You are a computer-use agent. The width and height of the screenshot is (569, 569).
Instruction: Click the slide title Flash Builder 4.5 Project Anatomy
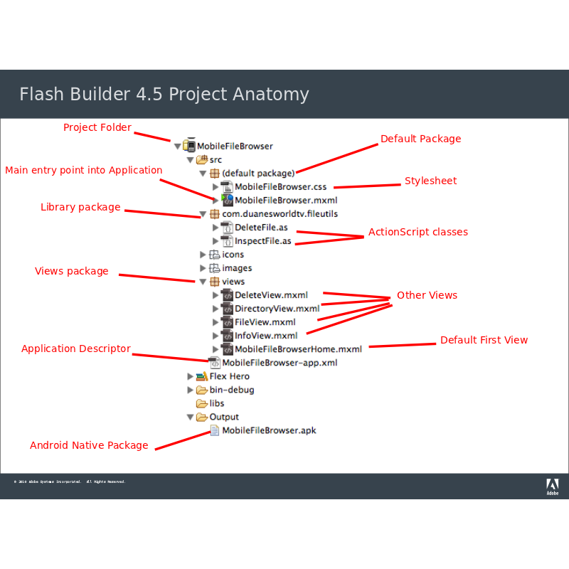point(164,95)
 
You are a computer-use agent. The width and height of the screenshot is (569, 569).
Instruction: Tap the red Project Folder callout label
point(97,127)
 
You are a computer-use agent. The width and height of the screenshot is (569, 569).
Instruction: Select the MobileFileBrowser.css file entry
point(280,187)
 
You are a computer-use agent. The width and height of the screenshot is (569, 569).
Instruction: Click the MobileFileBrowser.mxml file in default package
point(285,201)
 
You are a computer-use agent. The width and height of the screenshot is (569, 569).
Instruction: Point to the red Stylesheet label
point(430,181)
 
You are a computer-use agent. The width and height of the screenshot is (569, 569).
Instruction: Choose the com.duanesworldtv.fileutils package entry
point(280,213)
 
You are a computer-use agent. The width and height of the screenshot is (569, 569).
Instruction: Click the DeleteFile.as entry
point(261,228)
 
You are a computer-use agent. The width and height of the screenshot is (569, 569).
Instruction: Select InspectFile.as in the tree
point(262,241)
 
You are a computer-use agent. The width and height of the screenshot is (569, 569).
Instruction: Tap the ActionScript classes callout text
point(418,232)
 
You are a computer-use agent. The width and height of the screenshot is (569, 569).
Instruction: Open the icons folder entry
point(233,255)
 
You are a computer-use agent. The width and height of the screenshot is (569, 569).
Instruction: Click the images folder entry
point(237,268)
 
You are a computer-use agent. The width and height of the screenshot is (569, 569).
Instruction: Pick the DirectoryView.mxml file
point(277,309)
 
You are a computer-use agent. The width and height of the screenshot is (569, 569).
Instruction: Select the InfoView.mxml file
point(266,336)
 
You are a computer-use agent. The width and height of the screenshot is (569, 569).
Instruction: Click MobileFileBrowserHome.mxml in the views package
point(298,349)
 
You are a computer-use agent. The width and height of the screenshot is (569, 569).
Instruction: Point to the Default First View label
point(484,340)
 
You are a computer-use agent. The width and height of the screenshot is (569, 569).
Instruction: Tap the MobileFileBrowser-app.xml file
point(279,363)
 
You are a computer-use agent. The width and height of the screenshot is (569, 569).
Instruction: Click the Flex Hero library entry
point(229,376)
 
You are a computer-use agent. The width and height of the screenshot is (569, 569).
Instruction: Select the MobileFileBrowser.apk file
point(268,430)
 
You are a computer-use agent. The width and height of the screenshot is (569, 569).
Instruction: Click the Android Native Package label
point(89,445)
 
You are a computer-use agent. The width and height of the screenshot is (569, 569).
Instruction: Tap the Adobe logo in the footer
point(552,486)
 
